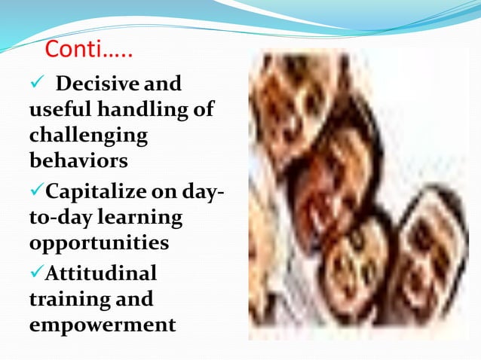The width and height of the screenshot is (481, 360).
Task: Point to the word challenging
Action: pyautogui.click(x=88, y=137)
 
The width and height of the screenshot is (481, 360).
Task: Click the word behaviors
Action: pyautogui.click(x=78, y=161)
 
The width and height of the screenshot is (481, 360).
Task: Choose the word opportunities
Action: pyautogui.click(x=99, y=244)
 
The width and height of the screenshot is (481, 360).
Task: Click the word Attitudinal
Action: pyautogui.click(x=101, y=271)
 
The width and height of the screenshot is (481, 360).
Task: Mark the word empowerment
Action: pyautogui.click(x=102, y=325)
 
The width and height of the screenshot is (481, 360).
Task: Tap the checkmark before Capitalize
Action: pyautogui.click(x=37, y=190)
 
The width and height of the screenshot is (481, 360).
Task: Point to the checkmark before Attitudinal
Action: pyautogui.click(x=37, y=271)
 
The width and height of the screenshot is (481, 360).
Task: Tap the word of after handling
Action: pyautogui.click(x=203, y=110)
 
